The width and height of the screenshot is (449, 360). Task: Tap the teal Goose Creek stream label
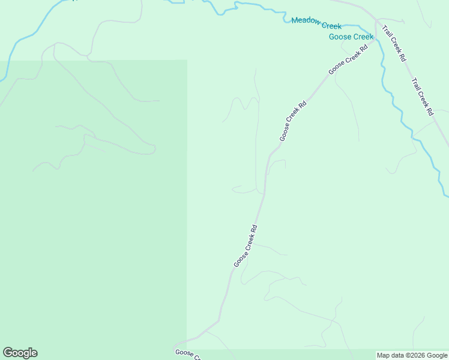[351, 37]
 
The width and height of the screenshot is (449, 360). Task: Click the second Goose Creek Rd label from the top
[293, 121]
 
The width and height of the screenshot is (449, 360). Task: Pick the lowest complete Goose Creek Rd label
[246, 246]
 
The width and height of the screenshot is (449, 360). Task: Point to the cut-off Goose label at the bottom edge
[187, 355]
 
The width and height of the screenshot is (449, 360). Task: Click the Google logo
[20, 353]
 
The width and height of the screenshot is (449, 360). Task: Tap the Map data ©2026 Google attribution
[412, 355]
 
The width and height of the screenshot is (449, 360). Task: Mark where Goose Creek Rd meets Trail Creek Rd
[376, 22]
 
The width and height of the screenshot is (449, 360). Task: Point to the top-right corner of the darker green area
[187, 60]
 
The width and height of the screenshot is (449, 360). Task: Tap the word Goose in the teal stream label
[340, 37]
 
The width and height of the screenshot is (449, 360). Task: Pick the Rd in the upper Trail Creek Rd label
[403, 58]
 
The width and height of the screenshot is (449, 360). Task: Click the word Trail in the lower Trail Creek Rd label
[415, 83]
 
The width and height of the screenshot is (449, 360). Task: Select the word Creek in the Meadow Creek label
[331, 26]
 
